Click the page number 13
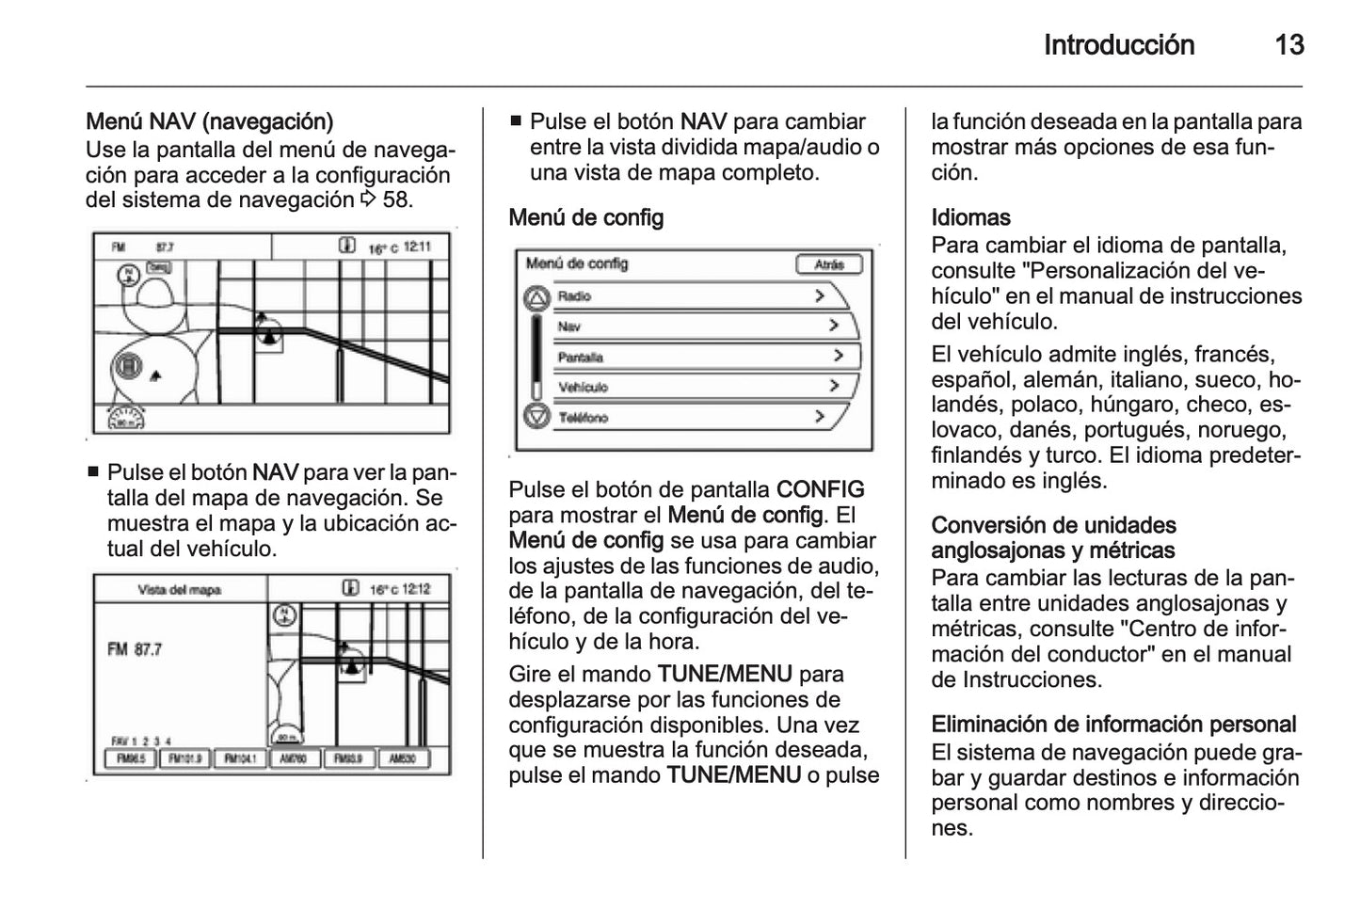pyautogui.click(x=1288, y=45)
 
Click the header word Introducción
pyautogui.click(x=1118, y=45)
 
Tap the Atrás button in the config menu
pyautogui.click(x=828, y=264)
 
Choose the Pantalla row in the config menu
pyautogui.click(x=696, y=357)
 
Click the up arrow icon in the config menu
pyautogui.click(x=536, y=299)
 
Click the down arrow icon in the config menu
pyautogui.click(x=536, y=416)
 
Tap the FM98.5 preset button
pyautogui.click(x=130, y=758)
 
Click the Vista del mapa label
pyautogui.click(x=179, y=590)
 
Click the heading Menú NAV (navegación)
pyautogui.click(x=209, y=121)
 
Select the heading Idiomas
pyautogui.click(x=970, y=217)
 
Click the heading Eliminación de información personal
pyautogui.click(x=1113, y=724)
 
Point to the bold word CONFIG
pyautogui.click(x=820, y=489)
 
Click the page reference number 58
pyautogui.click(x=397, y=199)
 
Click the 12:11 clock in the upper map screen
pyautogui.click(x=417, y=247)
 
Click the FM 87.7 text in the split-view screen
pyautogui.click(x=136, y=649)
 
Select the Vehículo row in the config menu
pyautogui.click(x=696, y=387)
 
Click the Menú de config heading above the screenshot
pyautogui.click(x=585, y=217)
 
